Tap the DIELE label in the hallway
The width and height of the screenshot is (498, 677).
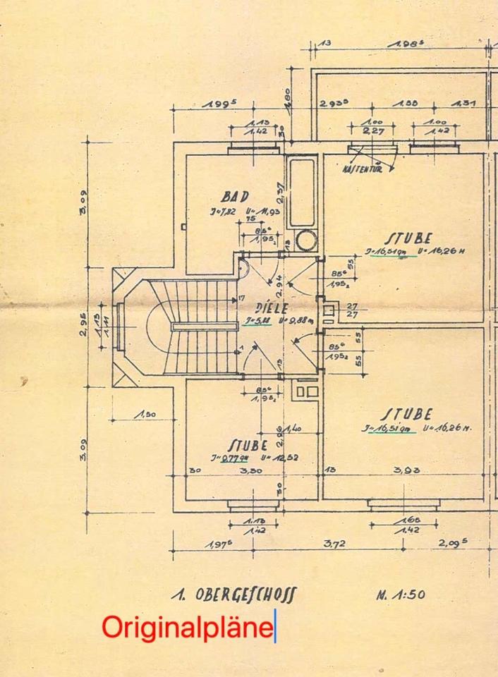tap(271, 308)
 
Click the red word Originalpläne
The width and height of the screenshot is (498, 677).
tap(187, 627)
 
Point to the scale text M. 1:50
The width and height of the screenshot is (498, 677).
tap(400, 594)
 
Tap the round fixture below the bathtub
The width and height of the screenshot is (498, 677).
tap(306, 240)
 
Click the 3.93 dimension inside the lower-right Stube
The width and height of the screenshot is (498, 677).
tap(406, 469)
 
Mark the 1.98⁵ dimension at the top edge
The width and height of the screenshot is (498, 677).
tap(404, 44)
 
